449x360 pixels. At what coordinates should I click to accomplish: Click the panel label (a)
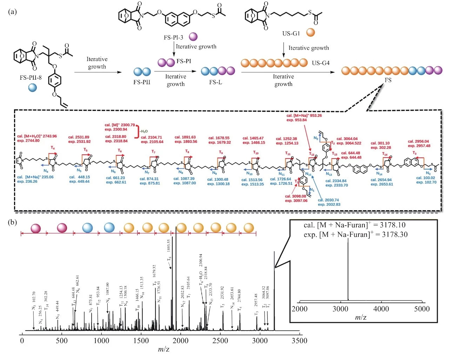pyautogui.click(x=12, y=12)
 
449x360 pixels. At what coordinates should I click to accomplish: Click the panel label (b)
pyautogui.click(x=12, y=222)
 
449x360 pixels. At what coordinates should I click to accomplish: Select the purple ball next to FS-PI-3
pyautogui.click(x=193, y=36)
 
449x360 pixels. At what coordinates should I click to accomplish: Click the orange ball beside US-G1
pyautogui.click(x=310, y=33)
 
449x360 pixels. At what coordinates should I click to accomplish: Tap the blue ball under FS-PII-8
pyautogui.click(x=33, y=87)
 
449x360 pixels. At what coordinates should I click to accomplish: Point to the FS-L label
pyautogui.click(x=215, y=82)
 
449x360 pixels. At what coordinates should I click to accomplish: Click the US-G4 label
pyautogui.click(x=321, y=63)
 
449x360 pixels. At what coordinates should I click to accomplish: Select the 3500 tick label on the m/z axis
pyautogui.click(x=300, y=341)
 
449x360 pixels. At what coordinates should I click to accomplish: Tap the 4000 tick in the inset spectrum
pyautogui.click(x=381, y=309)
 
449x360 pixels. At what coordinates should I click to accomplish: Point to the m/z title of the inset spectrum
pyautogui.click(x=361, y=317)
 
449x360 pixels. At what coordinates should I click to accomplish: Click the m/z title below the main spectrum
pyautogui.click(x=163, y=349)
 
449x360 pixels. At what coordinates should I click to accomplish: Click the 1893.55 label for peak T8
pyautogui.click(x=169, y=246)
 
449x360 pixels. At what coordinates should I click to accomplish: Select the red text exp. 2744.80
pyautogui.click(x=28, y=141)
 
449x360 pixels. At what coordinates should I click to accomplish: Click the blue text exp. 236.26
pyautogui.click(x=27, y=181)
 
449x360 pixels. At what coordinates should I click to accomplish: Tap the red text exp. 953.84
pyautogui.click(x=296, y=120)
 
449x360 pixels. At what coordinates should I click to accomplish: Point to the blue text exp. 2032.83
pyautogui.click(x=329, y=204)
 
